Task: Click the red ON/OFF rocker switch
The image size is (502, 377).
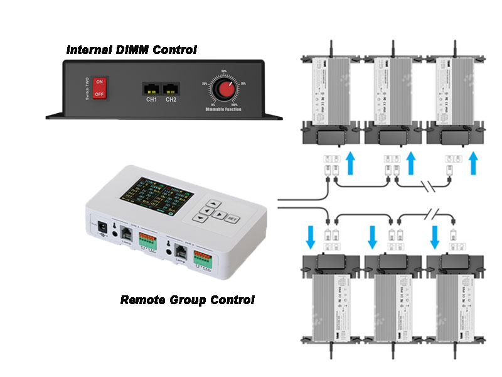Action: (99, 89)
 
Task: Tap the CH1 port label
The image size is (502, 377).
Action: (151, 99)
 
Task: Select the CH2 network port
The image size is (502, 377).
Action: (170, 89)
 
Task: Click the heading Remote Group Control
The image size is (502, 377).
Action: (187, 300)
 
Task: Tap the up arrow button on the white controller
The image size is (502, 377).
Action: (213, 204)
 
